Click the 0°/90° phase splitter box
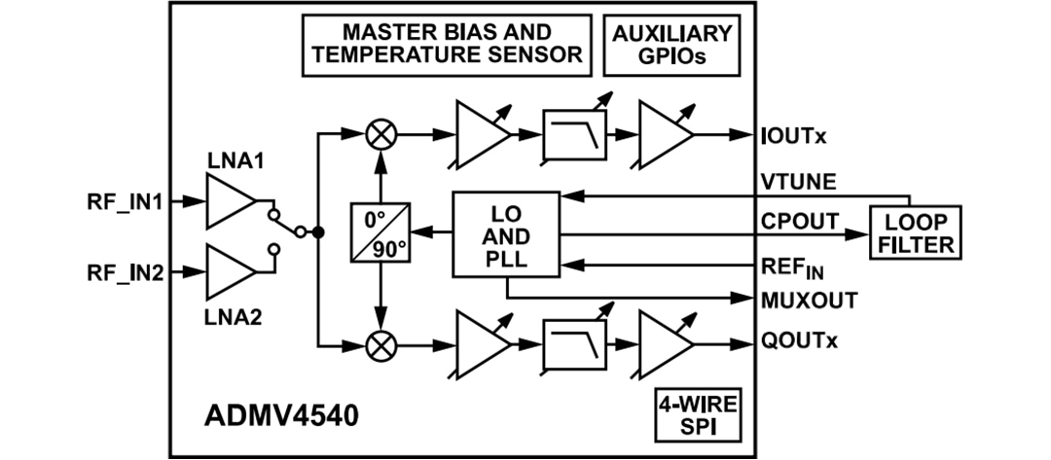click(380, 234)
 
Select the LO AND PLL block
click(506, 234)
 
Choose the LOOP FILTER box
click(917, 233)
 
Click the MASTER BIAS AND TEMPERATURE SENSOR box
click(447, 44)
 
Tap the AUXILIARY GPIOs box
click(671, 45)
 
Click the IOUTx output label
click(793, 134)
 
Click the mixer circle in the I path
click(381, 134)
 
